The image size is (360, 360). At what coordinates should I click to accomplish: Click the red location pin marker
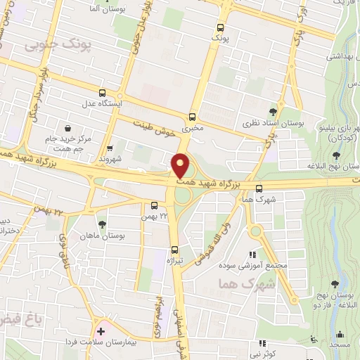coord(180,166)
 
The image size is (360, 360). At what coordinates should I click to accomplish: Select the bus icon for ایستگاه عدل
coord(103,93)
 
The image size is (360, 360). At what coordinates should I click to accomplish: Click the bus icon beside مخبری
coord(192,117)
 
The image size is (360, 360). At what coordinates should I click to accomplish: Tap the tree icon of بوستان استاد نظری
coord(273,111)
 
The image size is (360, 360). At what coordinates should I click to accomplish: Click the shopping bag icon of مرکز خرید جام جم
coord(67,129)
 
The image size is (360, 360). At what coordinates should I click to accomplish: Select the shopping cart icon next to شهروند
coord(110,148)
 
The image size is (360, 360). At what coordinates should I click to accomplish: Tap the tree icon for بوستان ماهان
coord(103,224)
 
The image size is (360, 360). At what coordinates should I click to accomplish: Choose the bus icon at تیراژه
coord(174,249)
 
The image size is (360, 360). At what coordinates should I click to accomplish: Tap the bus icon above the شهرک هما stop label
coord(259,188)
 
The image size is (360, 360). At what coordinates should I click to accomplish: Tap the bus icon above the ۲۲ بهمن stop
coord(154,205)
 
